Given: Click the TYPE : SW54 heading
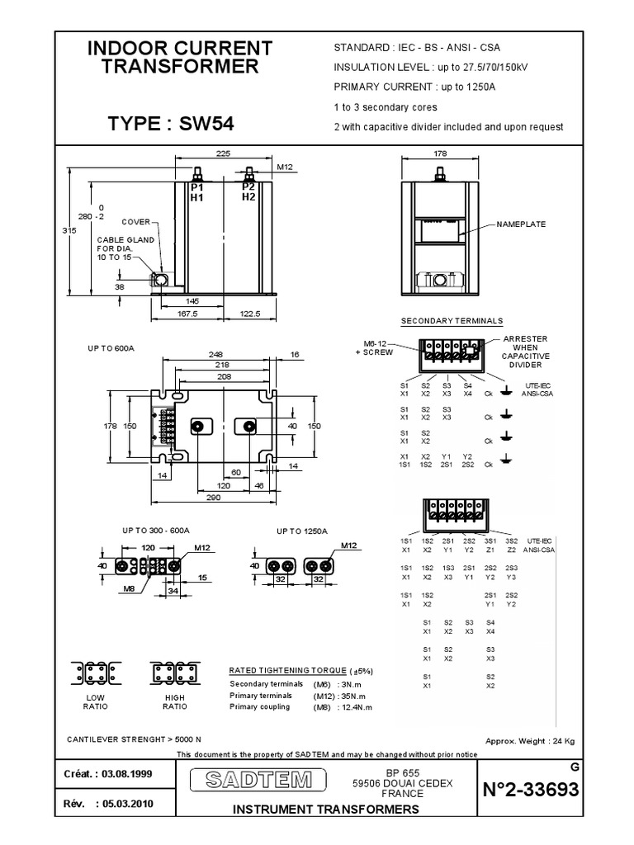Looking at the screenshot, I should click(172, 124).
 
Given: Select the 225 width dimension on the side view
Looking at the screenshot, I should click(223, 153).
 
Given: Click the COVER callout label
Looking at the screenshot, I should click(135, 222).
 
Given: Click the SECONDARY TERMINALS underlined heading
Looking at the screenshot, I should click(452, 321).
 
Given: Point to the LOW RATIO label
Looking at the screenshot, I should click(95, 701).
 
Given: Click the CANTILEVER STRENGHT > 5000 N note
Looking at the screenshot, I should click(134, 739).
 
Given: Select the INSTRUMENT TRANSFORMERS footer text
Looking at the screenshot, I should click(326, 810).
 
